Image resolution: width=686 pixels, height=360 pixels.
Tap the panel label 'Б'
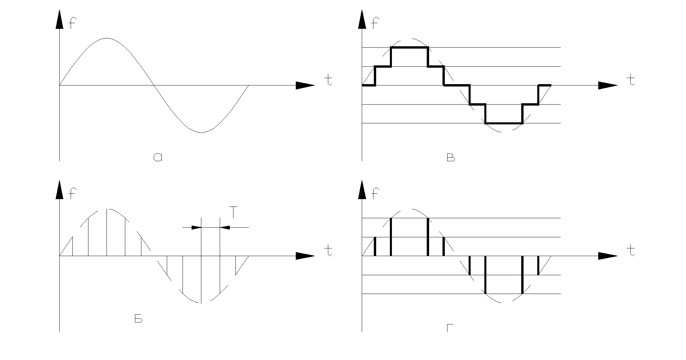coord(139,319)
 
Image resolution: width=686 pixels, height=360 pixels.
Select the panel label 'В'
coord(451,158)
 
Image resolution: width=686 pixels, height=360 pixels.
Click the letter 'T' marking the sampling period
coord(233,213)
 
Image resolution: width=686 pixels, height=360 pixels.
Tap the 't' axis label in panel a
coord(329,80)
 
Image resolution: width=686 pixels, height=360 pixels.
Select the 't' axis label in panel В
coord(631,80)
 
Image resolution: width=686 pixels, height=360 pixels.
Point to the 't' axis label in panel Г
coord(631,251)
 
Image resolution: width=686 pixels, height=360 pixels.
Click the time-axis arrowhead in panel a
coord(305,85)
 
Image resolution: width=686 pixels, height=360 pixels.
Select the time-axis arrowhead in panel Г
coord(607,256)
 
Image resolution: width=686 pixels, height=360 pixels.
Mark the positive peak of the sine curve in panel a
coord(107,38)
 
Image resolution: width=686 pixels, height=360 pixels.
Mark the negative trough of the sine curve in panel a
coord(201,132)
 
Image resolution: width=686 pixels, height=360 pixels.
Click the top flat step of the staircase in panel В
coord(409,48)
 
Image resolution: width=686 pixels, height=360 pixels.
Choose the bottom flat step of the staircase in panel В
coord(503,123)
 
